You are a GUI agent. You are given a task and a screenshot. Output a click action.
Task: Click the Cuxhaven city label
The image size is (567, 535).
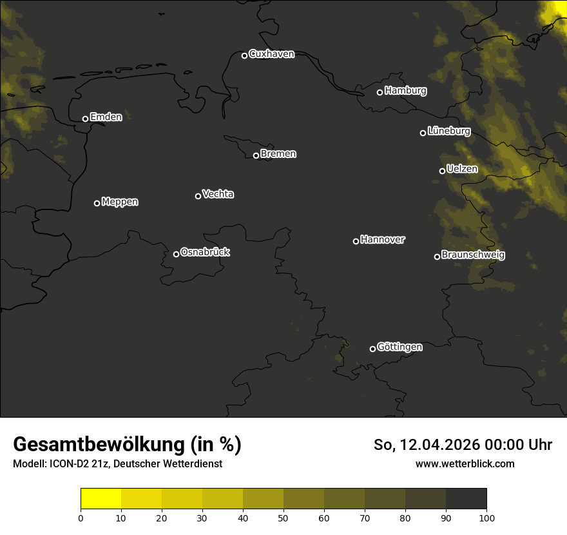click(271, 54)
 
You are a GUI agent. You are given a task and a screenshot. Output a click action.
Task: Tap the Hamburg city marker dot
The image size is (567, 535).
click(380, 92)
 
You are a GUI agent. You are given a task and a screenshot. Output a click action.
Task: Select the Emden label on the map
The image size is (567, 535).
click(106, 117)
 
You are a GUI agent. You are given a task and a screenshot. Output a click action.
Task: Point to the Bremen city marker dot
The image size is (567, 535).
click(256, 155)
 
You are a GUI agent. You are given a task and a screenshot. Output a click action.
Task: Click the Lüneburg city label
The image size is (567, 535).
click(448, 131)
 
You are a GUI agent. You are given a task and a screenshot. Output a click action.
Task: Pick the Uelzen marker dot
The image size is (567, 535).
click(442, 171)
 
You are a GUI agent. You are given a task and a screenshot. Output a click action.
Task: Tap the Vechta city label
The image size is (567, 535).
click(218, 194)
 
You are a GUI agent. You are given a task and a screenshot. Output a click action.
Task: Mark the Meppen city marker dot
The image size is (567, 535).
click(97, 203)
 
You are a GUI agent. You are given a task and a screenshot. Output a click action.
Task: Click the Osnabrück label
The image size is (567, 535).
click(205, 252)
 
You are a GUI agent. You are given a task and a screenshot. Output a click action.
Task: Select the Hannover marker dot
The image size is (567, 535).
click(356, 241)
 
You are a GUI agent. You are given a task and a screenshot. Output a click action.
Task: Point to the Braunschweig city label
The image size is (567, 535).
click(473, 255)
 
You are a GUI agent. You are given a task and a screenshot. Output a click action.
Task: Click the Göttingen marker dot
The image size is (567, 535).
click(372, 349)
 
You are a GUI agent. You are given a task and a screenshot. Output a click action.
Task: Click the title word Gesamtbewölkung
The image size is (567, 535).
click(99, 445)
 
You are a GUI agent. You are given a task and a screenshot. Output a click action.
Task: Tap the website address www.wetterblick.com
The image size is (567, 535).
click(465, 463)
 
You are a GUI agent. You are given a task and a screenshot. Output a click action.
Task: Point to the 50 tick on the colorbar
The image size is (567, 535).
click(283, 517)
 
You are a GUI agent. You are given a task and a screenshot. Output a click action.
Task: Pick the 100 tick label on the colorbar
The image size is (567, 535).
click(486, 517)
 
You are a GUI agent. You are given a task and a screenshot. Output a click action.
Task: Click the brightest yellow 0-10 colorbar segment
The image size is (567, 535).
click(101, 499)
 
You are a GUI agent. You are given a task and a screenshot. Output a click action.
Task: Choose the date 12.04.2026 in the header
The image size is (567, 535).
click(435, 445)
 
